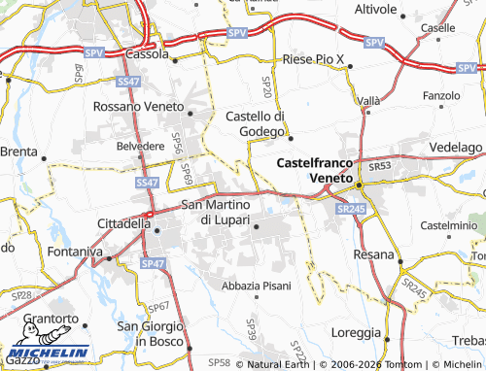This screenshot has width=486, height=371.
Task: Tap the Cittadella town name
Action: tap(124, 223)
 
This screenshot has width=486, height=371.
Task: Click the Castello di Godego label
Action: tap(255, 124)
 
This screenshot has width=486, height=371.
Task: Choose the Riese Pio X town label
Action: tap(314, 60)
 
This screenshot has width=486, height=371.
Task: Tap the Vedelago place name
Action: tap(454, 146)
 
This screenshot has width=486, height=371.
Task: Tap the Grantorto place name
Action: tap(51, 319)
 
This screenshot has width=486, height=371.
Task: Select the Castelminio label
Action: tap(445, 224)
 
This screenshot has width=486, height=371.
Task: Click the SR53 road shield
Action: tap(379, 167)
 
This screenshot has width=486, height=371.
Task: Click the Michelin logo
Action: tap(47, 354)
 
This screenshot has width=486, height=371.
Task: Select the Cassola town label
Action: tap(150, 55)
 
